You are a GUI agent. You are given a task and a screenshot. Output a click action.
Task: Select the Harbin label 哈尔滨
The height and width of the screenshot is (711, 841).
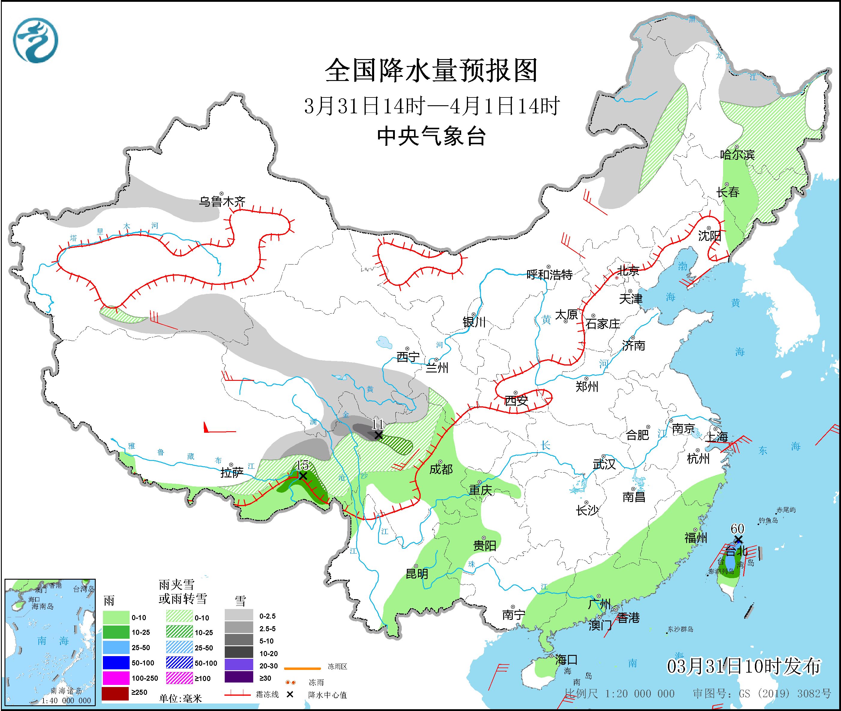click(x=737, y=155)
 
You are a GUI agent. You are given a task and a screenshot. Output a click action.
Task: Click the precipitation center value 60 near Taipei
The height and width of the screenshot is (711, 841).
click(x=737, y=528)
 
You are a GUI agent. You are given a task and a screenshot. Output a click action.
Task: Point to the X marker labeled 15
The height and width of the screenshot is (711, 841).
click(x=302, y=476)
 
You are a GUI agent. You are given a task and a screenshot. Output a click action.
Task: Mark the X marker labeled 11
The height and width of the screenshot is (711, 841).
click(x=378, y=435)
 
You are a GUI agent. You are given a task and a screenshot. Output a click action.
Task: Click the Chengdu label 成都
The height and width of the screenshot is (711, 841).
click(x=441, y=469)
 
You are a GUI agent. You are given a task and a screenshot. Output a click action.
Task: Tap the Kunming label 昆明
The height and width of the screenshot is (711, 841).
click(x=417, y=574)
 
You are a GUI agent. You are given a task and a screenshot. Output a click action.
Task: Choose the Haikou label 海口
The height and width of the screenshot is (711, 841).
click(x=566, y=660)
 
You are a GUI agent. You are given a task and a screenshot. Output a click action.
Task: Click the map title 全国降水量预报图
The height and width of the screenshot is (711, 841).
click(x=431, y=70)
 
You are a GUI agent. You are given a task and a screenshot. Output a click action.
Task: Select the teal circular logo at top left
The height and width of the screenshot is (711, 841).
click(x=35, y=40)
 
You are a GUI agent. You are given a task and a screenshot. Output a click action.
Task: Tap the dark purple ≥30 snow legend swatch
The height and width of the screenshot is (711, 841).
click(x=239, y=677)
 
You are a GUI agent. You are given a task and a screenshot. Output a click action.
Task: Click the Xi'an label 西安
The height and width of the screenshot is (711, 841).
click(x=516, y=401)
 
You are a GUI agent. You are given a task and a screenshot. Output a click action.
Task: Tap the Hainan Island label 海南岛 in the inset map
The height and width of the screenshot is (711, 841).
click(x=42, y=607)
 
